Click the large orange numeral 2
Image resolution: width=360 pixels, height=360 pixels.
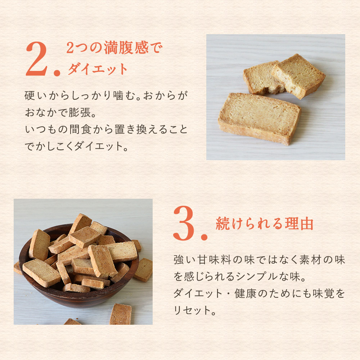pyautogui.click(x=37, y=59)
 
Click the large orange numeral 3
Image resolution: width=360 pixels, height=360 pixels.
pyautogui.click(x=184, y=223)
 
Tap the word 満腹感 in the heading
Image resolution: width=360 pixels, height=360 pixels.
pyautogui.click(x=126, y=48)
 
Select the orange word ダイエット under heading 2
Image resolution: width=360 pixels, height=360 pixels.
pyautogui.click(x=98, y=69)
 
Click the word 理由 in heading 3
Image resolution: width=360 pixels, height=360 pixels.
pyautogui.click(x=299, y=224)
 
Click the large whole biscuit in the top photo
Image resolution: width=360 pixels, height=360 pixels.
pyautogui.click(x=260, y=118)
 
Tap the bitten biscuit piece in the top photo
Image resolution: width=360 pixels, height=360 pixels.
pyautogui.click(x=263, y=78)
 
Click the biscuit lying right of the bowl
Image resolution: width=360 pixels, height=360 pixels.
pyautogui.click(x=144, y=270)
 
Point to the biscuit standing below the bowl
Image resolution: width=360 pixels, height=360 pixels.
pyautogui.click(x=121, y=314)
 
